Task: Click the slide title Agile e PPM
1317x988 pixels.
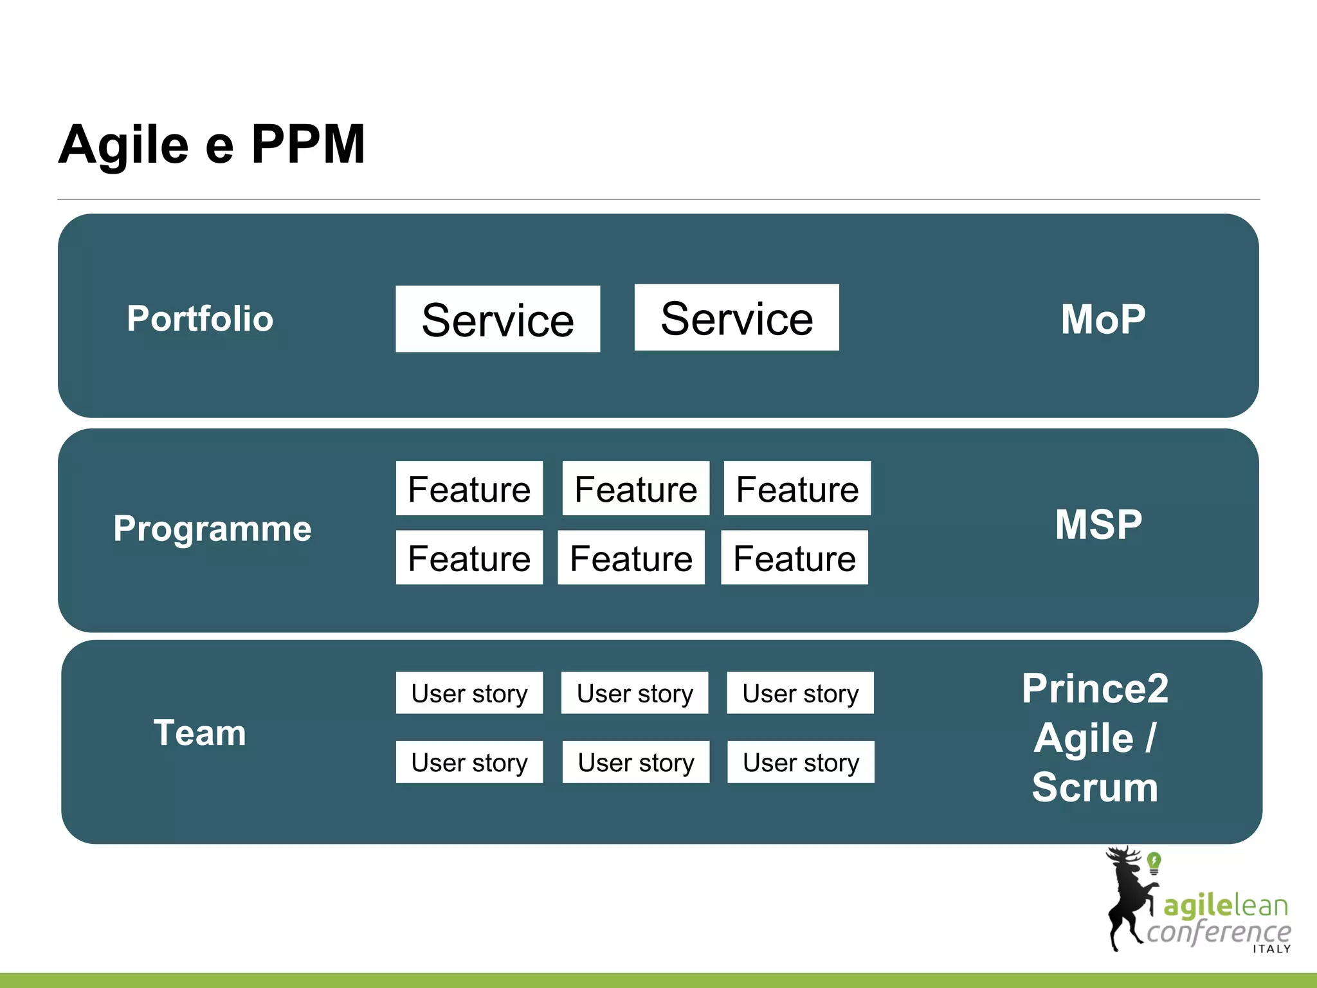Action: [x=212, y=145]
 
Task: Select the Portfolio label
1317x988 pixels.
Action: [x=200, y=318]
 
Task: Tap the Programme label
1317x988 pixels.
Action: [x=212, y=528]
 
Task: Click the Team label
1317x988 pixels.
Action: [x=199, y=733]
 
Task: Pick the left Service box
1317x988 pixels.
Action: [x=498, y=319]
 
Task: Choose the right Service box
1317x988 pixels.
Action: [x=736, y=317]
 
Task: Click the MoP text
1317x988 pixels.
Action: [x=1103, y=319]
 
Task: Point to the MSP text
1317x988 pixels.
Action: [x=1098, y=524]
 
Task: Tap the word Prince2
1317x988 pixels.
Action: [x=1095, y=689]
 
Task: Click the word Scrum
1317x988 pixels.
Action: [x=1095, y=787]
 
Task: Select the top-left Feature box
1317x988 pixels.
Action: [x=469, y=488]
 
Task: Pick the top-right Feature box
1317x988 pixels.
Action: [x=797, y=488]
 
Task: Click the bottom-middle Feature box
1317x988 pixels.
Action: [x=631, y=557]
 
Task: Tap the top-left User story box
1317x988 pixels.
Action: [x=469, y=693]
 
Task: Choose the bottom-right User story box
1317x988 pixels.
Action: [x=801, y=762]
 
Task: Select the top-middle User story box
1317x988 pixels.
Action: [x=635, y=693]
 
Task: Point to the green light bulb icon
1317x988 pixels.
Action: [x=1154, y=862]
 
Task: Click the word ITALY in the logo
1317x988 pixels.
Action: [x=1271, y=949]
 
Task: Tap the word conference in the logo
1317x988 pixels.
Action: [x=1219, y=931]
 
